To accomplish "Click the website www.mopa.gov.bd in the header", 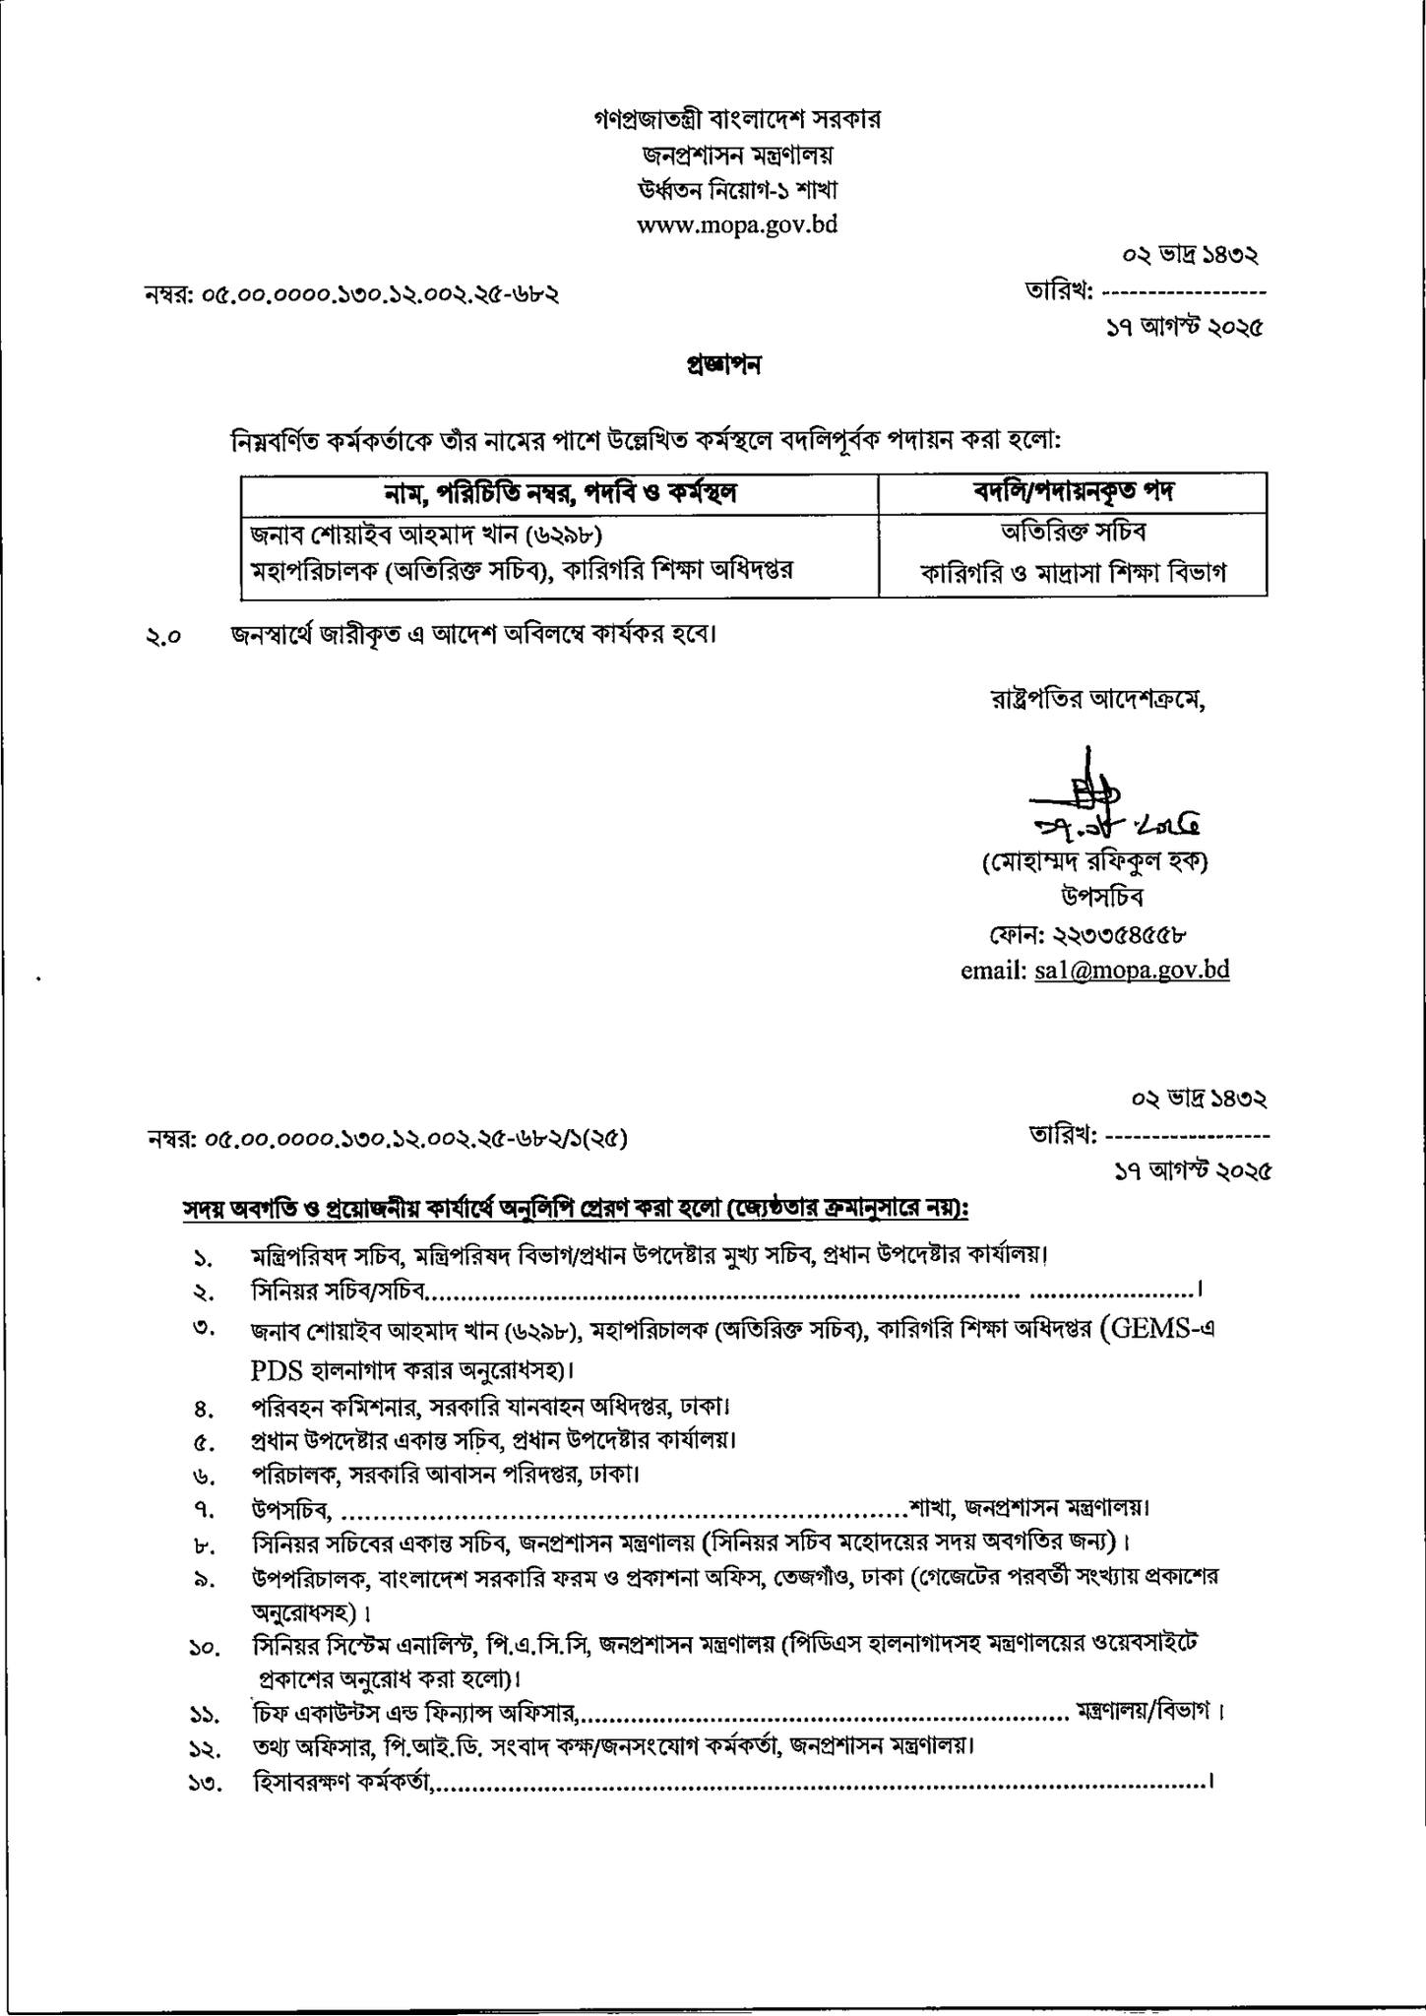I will pyautogui.click(x=737, y=224).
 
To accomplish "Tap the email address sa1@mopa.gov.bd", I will pyautogui.click(x=1131, y=970).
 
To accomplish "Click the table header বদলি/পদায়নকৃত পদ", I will pyautogui.click(x=1072, y=492).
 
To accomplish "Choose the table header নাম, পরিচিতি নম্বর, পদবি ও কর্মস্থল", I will pyautogui.click(x=560, y=492).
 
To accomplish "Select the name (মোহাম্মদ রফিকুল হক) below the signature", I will pyautogui.click(x=1094, y=862).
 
